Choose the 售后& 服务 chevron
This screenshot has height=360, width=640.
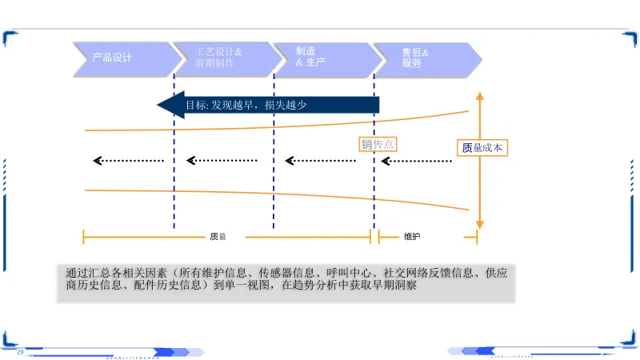pos(424,58)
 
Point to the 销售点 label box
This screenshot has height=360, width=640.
pos(378,144)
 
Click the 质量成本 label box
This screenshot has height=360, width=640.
pos(482,147)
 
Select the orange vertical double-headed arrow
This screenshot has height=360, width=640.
pos(479,160)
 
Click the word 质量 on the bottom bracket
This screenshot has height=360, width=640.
pos(218,237)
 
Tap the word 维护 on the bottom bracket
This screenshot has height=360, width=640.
pos(412,237)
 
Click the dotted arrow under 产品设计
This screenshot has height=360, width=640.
pos(129,161)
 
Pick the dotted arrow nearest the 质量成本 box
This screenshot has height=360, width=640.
pos(417,161)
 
